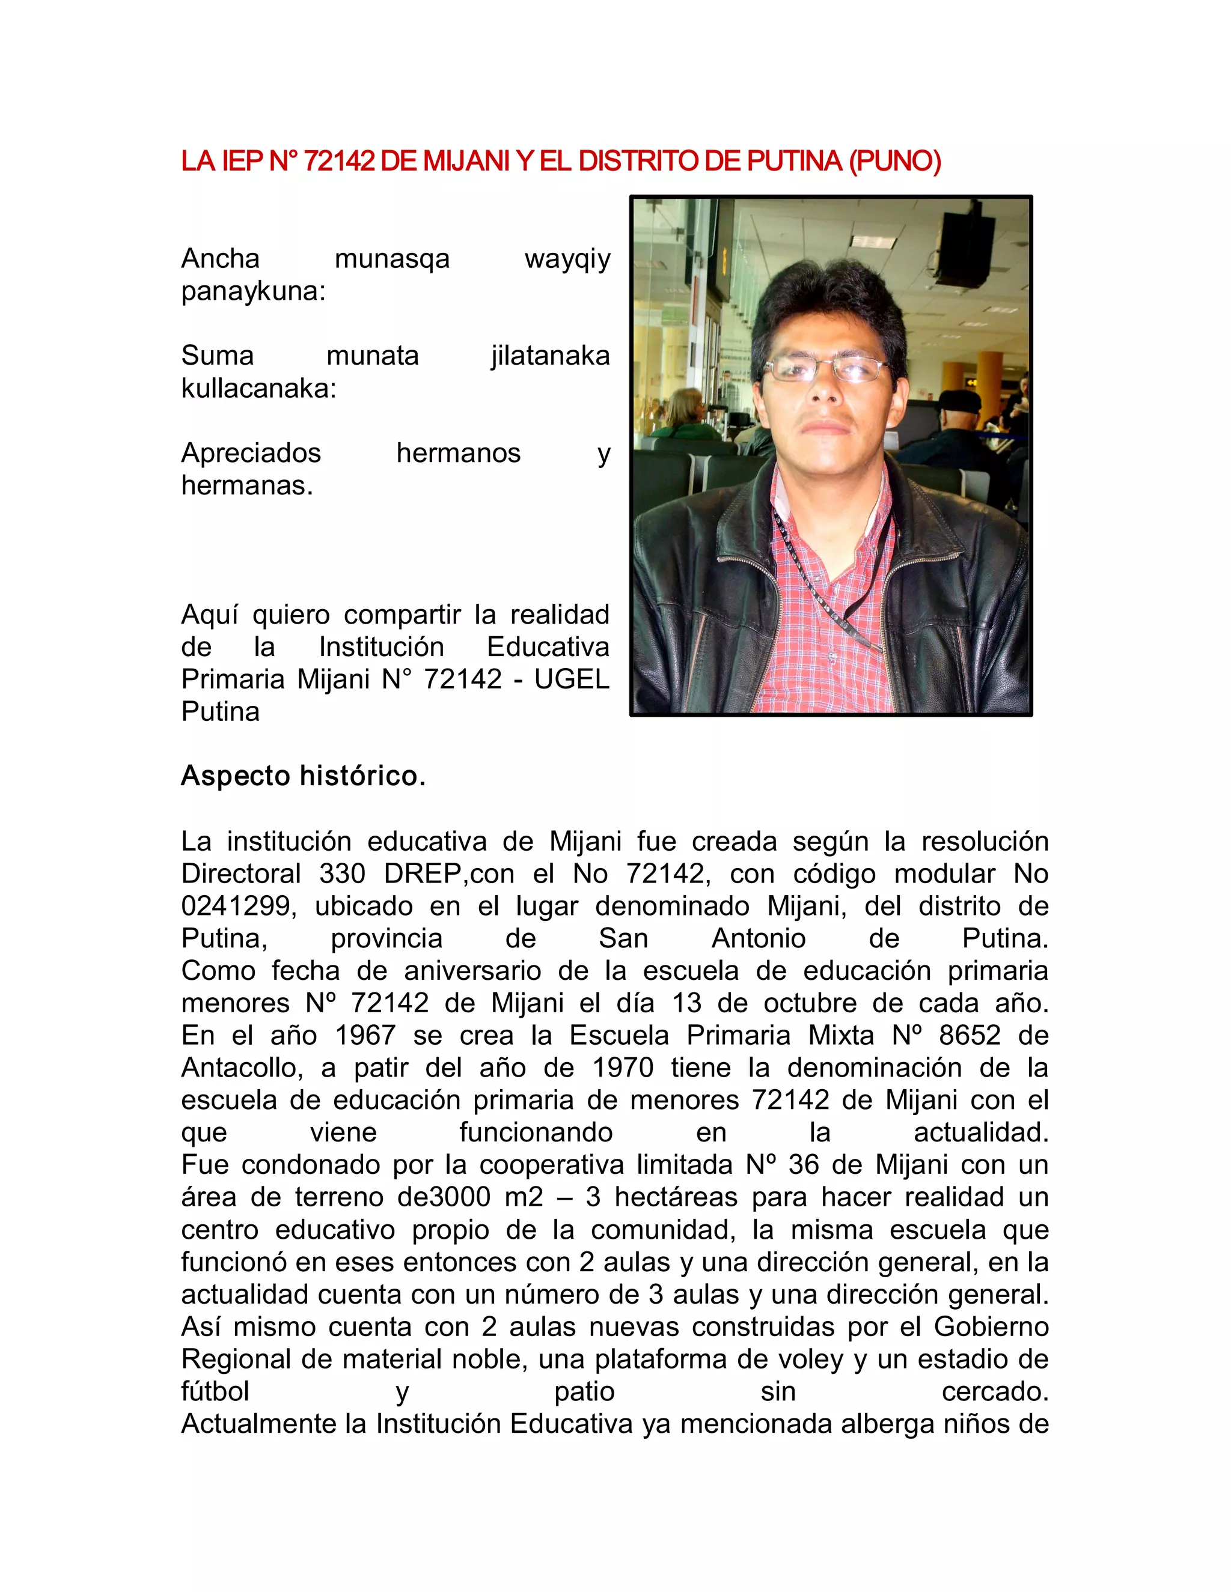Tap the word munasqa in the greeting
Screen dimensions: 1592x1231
(x=392, y=259)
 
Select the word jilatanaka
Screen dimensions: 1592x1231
(x=550, y=356)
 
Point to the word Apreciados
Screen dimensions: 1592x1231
(x=251, y=453)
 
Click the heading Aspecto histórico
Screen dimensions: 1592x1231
(x=303, y=776)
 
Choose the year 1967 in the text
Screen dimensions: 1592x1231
(x=366, y=1035)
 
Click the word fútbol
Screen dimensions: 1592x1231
(x=215, y=1391)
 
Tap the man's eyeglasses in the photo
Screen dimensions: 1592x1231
(x=827, y=369)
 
